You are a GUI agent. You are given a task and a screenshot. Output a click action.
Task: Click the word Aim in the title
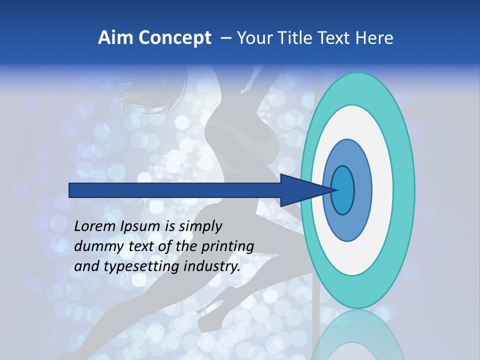tap(115, 38)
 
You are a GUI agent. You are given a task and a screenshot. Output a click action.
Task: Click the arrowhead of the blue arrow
tap(305, 190)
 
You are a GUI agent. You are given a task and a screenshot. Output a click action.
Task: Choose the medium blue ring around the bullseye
tap(363, 190)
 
